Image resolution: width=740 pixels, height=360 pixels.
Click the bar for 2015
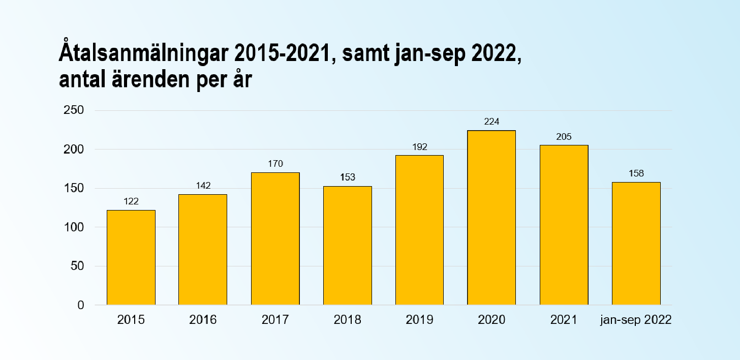point(131,257)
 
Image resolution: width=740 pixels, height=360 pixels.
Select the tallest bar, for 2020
point(491,218)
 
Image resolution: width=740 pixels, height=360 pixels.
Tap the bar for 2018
point(348,246)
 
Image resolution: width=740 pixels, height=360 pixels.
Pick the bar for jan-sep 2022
point(636,244)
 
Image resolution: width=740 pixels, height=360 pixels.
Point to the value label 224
point(491,122)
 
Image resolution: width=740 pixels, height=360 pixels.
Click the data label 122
point(131,201)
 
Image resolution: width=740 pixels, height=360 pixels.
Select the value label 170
point(275,164)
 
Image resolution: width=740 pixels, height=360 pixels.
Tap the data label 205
point(564,137)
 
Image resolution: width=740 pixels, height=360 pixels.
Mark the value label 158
point(636,173)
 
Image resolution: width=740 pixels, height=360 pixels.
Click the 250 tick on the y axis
point(74,110)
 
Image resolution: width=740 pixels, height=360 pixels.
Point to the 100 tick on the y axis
point(74,227)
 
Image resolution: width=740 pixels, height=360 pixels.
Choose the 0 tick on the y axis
point(81,305)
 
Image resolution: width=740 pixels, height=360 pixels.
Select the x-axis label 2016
point(203,320)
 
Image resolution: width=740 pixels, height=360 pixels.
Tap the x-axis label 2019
point(420,320)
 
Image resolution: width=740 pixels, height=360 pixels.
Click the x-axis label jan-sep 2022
point(636,320)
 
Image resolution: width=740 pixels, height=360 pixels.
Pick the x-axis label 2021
point(564,320)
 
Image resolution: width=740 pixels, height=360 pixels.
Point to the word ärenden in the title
point(150,79)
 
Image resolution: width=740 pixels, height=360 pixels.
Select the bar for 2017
point(275,238)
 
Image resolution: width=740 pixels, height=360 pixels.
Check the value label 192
point(420,147)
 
